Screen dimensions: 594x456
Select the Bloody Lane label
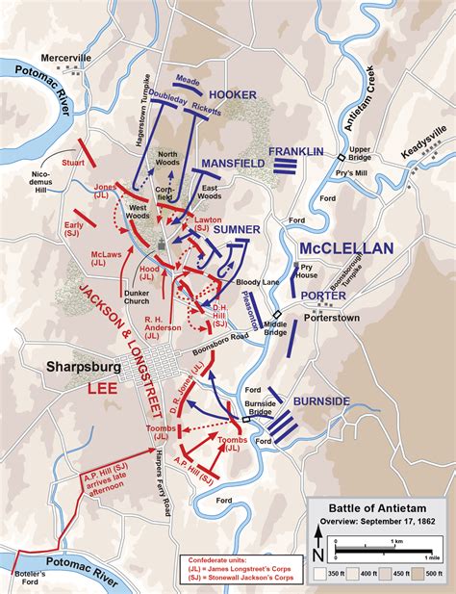247,283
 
